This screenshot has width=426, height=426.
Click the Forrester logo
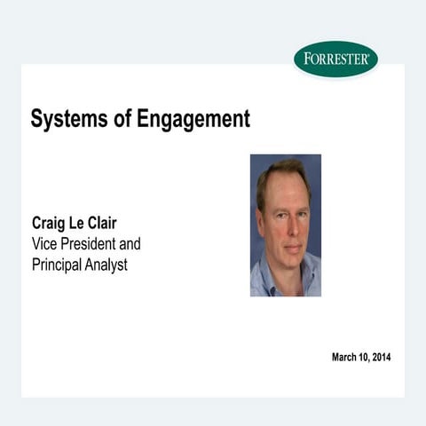[x=335, y=59]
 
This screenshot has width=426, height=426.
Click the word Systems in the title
[x=65, y=118]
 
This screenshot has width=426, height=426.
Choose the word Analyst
[x=109, y=265]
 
